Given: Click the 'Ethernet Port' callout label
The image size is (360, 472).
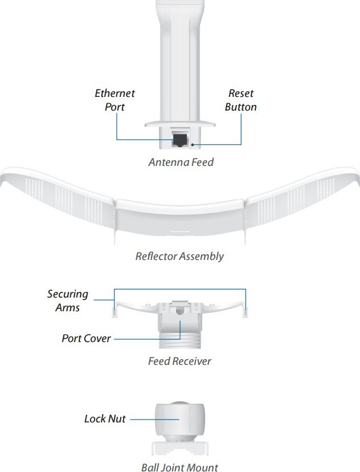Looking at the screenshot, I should [114, 100].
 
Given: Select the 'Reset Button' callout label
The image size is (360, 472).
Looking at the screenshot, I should [240, 100].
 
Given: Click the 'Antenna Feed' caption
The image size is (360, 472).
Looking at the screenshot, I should [181, 162].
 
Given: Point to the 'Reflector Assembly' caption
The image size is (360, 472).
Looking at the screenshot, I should [179, 256].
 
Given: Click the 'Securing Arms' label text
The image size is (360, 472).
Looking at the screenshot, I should [68, 300].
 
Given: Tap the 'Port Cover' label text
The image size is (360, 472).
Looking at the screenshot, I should [86, 338].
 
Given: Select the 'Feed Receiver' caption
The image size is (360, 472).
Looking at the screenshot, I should [179, 361].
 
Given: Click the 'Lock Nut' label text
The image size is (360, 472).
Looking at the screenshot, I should [105, 419].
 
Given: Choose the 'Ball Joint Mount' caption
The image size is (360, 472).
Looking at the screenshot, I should [179, 467].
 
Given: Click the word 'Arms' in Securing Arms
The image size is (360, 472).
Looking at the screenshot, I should [68, 307].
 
